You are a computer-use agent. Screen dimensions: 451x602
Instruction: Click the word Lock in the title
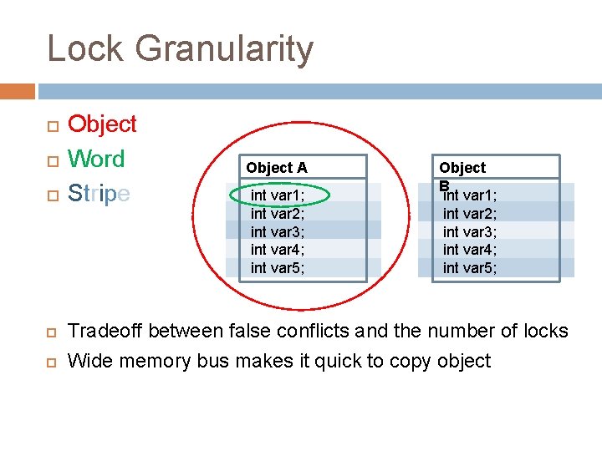point(86,48)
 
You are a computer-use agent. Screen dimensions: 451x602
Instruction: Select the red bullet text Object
point(102,124)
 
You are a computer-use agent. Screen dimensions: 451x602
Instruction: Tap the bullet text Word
point(96,159)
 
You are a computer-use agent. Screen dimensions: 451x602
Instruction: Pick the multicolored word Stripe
point(99,193)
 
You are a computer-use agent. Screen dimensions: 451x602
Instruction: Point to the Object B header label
point(462,168)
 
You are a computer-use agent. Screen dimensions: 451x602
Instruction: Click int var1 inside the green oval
point(278,195)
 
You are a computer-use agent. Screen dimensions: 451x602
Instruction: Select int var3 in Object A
point(278,231)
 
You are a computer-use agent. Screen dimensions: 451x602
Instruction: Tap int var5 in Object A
point(278,267)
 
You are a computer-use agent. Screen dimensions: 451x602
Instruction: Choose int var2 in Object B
point(470,214)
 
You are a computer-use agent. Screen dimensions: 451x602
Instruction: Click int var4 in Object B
point(470,250)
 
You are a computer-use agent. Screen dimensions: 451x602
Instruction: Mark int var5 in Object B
point(470,267)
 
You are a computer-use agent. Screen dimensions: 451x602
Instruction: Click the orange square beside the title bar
point(17,90)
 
